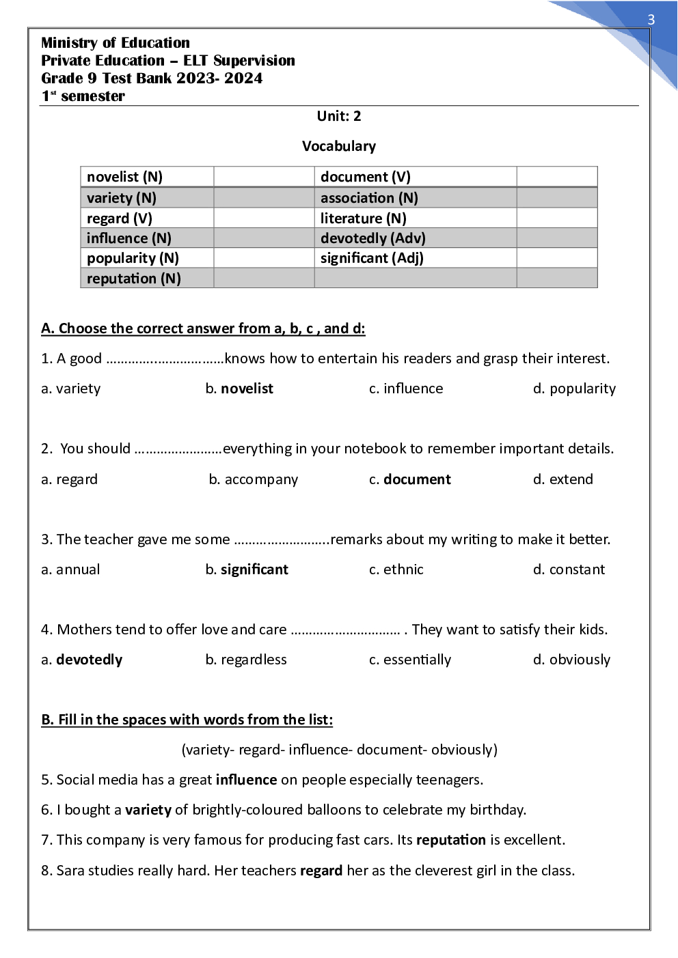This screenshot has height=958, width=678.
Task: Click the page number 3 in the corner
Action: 651,20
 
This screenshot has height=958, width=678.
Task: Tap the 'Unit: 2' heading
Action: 338,116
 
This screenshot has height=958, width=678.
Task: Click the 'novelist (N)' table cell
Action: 124,177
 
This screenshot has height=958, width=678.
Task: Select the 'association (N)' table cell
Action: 368,198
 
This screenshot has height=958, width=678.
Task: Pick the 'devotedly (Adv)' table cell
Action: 372,238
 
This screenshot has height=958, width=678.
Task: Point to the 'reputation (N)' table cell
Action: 133,279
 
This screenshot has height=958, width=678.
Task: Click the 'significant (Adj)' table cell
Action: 372,258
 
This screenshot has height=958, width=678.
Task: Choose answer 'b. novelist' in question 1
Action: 239,389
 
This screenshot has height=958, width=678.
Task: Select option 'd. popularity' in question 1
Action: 574,389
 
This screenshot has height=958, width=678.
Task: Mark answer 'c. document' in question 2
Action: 410,479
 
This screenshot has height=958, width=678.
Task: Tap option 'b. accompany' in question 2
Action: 254,479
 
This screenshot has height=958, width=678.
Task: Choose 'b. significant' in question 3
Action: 247,569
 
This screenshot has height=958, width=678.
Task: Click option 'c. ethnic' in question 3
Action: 396,569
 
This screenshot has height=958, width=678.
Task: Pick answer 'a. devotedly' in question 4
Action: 82,660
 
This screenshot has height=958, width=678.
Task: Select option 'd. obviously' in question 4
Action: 571,660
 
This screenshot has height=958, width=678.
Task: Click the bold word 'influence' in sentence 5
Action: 246,780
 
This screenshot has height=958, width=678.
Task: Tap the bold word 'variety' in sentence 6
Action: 148,810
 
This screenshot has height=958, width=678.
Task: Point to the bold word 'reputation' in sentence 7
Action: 450,840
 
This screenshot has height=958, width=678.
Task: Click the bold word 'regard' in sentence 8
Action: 321,871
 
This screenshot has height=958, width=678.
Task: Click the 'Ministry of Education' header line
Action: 116,43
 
